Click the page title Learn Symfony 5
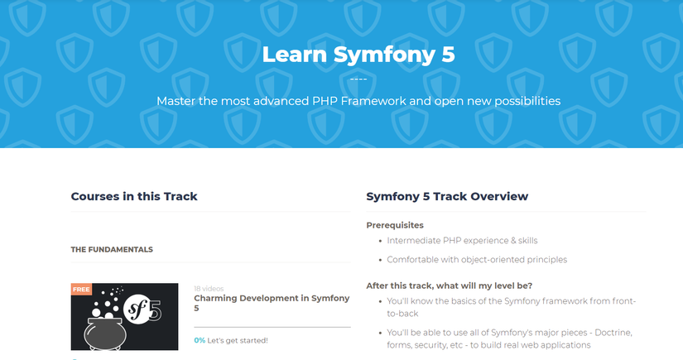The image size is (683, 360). click(358, 55)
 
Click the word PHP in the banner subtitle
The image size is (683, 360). click(325, 101)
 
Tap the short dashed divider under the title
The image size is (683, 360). click(358, 79)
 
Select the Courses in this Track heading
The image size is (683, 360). click(134, 196)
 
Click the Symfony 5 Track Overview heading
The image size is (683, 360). click(447, 196)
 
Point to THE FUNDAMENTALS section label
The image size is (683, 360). click(112, 249)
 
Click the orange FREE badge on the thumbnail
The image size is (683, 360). click(81, 289)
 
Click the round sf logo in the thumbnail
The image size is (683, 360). click(136, 310)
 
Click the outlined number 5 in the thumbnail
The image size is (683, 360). click(156, 310)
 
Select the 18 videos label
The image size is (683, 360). click(209, 289)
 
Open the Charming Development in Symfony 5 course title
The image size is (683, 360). click(272, 303)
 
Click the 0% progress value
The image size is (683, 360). click(200, 340)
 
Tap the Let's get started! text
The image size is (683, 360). click(238, 340)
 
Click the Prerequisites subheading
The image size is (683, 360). click(395, 225)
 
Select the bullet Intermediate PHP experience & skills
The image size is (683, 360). click(462, 241)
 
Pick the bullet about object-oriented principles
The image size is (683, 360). click(477, 260)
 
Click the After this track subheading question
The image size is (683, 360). click(449, 286)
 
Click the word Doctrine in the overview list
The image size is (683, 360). click(613, 333)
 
